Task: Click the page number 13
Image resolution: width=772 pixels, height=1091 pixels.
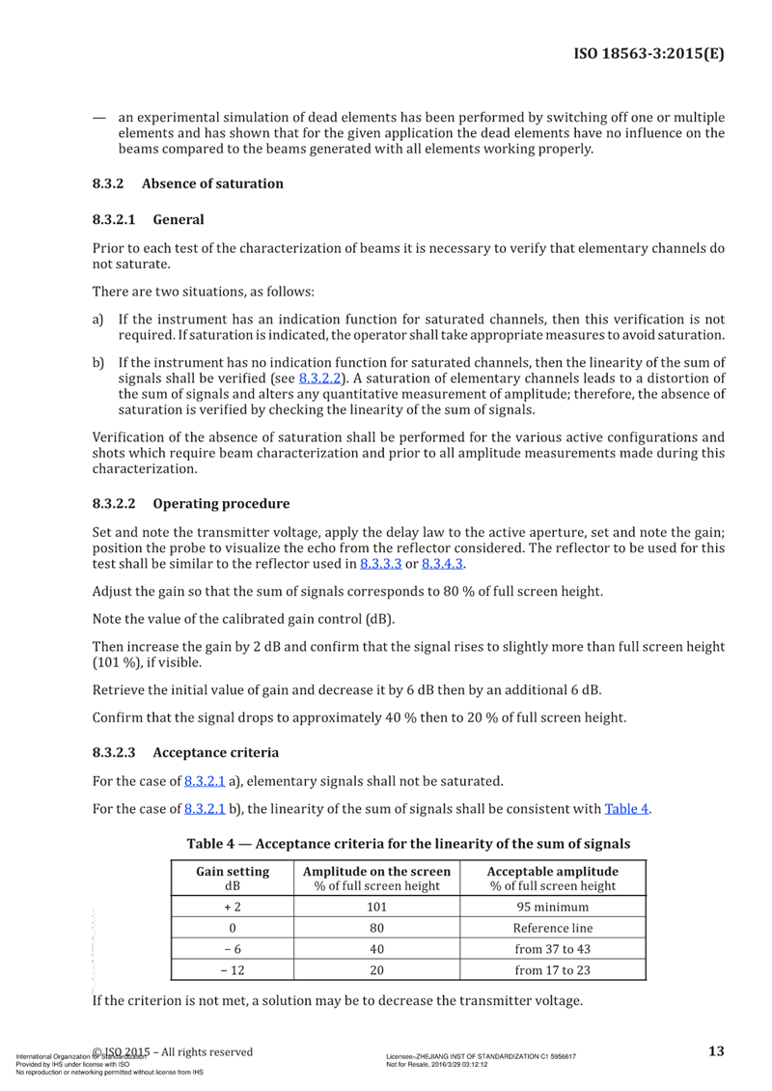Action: [x=715, y=1051]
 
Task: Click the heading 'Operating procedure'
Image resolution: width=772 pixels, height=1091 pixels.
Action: [x=221, y=503]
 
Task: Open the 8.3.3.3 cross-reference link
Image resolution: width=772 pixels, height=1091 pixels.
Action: [x=380, y=564]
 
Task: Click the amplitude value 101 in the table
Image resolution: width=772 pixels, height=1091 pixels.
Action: [x=377, y=908]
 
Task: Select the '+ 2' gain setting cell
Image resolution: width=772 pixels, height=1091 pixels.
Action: [x=233, y=908]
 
